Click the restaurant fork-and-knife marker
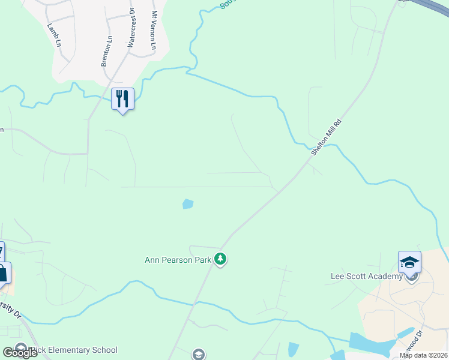point(122,99)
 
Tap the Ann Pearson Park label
point(178,260)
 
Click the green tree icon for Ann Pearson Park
point(221,260)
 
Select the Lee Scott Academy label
point(366,276)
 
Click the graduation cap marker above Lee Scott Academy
point(409,262)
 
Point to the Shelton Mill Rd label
point(326,137)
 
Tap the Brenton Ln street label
point(107,51)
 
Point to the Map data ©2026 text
point(423,355)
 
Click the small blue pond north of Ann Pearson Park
point(188,204)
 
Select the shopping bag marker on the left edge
point(3,274)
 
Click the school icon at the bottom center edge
point(198,355)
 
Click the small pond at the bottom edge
point(293,349)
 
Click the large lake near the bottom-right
point(369,344)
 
